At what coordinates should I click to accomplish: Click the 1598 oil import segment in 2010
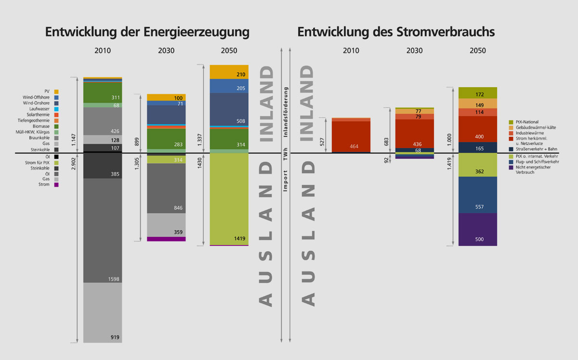[103, 231]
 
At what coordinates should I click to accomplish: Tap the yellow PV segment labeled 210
[229, 72]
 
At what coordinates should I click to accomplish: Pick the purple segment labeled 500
[477, 230]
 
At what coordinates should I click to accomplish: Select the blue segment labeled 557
[477, 195]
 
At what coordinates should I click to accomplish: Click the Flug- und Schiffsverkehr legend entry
[535, 162]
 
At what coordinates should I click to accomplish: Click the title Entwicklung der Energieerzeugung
[147, 32]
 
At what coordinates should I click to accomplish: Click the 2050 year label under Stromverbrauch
[477, 51]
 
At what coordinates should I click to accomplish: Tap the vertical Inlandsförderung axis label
[286, 113]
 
